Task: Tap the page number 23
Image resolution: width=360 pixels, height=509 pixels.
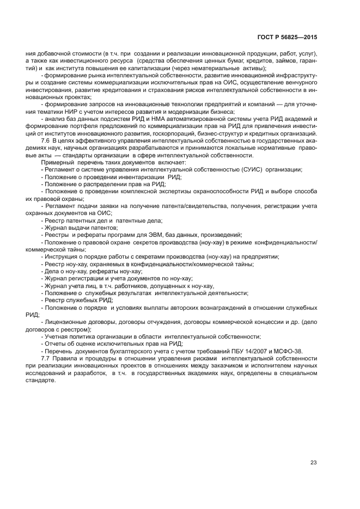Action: (314, 463)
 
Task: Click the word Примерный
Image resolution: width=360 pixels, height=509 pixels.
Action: (57, 162)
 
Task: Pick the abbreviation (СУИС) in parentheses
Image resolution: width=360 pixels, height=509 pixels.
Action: (251, 169)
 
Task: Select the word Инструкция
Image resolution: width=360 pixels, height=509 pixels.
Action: (65, 256)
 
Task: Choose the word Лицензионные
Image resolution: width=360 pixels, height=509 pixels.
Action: (69, 322)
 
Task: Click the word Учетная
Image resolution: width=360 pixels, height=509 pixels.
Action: (58, 336)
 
